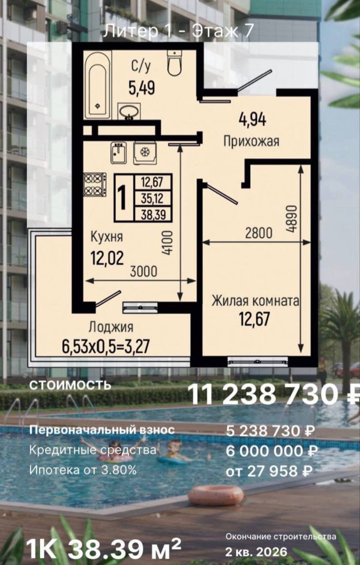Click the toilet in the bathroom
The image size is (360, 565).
[174, 63]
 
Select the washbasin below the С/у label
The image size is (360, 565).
[129, 111]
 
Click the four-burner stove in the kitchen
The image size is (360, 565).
[95, 185]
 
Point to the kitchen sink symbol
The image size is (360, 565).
[118, 153]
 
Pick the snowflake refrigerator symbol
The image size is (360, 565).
[145, 153]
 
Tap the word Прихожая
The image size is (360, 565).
[251, 141]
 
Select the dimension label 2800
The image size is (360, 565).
[259, 234]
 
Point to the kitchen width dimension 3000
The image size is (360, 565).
[144, 271]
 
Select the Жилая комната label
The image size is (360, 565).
[255, 301]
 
